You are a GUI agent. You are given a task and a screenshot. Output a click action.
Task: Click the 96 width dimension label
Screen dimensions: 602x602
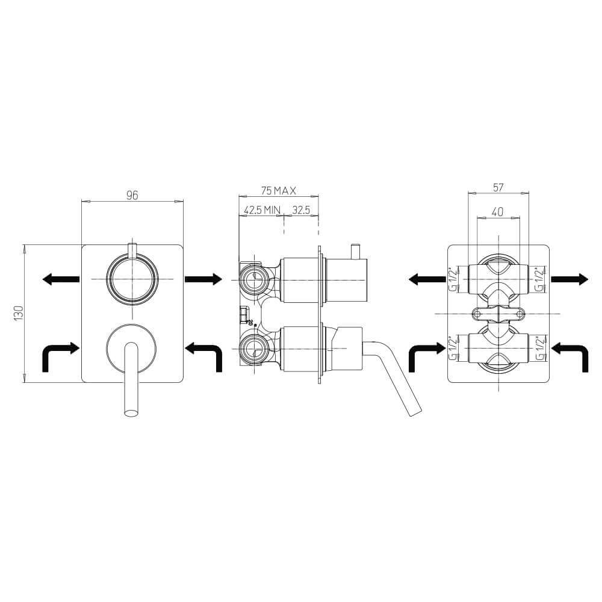coord(132,195)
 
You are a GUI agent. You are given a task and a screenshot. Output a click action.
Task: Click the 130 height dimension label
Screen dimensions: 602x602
coord(19,313)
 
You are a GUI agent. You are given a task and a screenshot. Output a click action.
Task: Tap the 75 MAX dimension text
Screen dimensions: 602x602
coord(279,190)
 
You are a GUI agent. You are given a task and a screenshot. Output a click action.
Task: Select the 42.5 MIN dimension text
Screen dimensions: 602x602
coord(262,209)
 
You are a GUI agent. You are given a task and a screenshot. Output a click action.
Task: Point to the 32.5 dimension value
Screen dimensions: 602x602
coord(301,209)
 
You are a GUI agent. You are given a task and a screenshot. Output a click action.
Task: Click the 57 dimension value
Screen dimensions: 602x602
coord(498,187)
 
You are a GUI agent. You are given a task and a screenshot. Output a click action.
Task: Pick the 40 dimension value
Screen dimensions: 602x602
coord(497,211)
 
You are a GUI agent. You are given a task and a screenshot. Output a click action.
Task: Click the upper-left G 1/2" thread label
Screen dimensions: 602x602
coord(453,279)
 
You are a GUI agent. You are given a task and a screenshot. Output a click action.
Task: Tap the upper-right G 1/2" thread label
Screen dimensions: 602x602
coord(540,279)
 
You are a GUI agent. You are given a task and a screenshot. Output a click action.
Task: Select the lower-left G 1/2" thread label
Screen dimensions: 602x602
coord(453,348)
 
